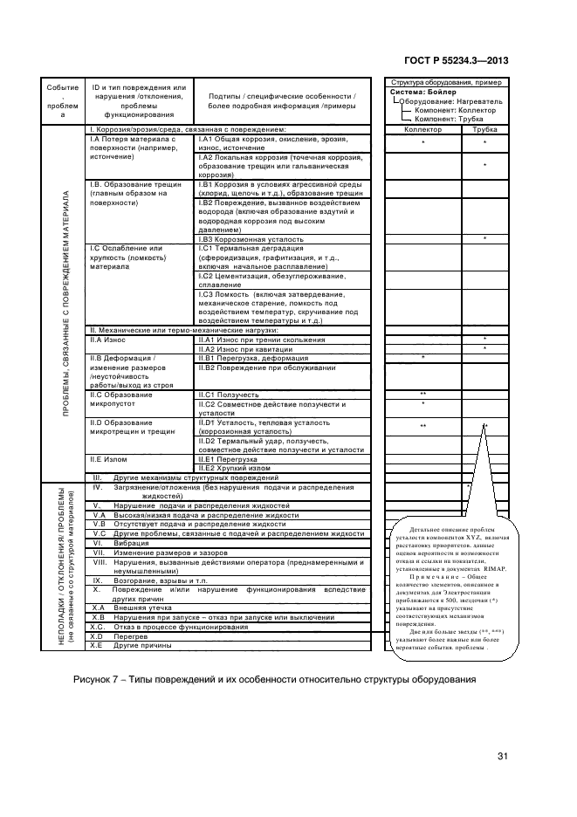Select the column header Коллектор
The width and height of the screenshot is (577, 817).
[424, 128]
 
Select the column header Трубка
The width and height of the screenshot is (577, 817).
[484, 128]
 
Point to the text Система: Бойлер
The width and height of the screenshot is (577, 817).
[417, 91]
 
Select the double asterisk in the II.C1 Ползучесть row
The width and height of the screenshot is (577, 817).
[422, 395]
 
